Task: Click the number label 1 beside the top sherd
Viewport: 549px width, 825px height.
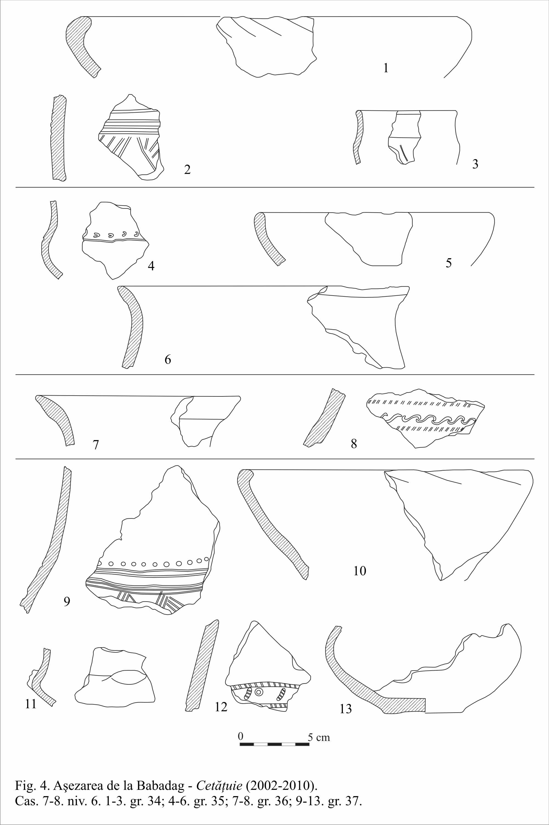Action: click(x=386, y=68)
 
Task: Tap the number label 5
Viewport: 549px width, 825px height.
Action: click(x=449, y=263)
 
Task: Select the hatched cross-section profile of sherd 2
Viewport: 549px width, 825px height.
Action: click(x=58, y=138)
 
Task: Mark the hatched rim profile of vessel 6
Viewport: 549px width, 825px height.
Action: click(x=132, y=326)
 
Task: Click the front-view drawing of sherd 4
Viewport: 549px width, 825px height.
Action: click(x=115, y=240)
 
